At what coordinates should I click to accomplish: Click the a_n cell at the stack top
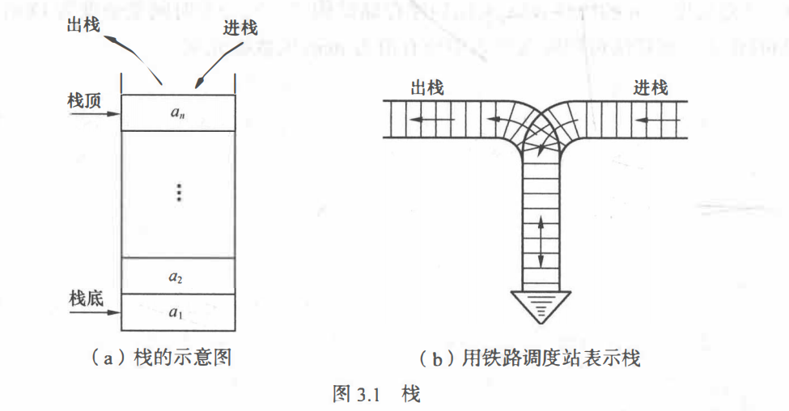[x=178, y=112]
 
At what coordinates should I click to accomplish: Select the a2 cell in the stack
[x=177, y=276]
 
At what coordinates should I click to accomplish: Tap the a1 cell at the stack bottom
[x=177, y=312]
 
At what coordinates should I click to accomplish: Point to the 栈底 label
[x=84, y=298]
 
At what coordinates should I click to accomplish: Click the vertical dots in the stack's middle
[x=180, y=192]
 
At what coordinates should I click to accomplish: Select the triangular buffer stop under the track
[x=537, y=305]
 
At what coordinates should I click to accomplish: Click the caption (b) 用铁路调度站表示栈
[x=530, y=357]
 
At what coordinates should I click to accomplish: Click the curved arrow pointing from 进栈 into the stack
[x=214, y=61]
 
